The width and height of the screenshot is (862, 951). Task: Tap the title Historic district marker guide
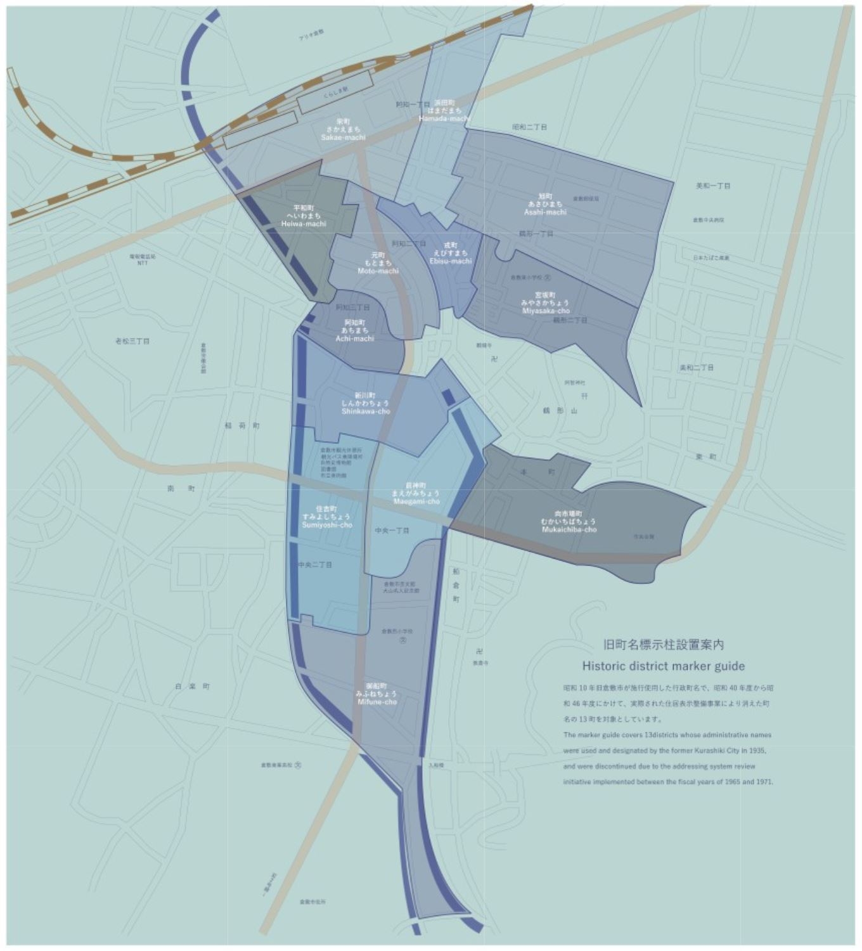click(663, 666)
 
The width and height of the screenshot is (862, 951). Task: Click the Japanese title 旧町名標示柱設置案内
click(663, 645)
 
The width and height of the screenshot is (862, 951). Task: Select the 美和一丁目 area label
click(713, 186)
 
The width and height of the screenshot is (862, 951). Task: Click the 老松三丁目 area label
click(132, 341)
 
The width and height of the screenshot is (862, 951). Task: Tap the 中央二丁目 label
click(315, 564)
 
